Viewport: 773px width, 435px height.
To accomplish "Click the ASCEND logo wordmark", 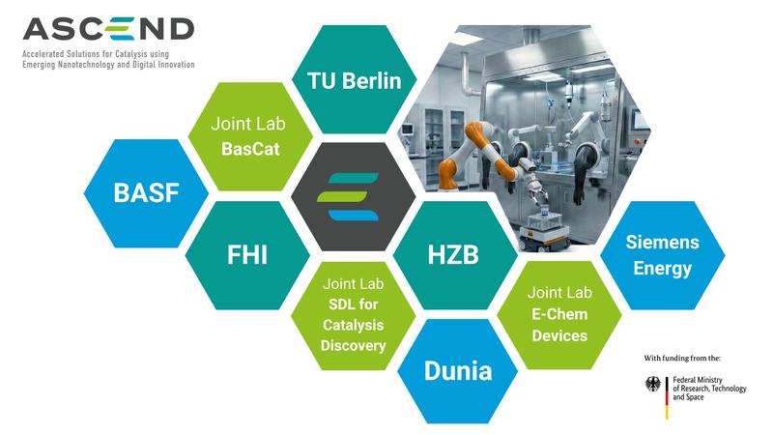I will [x=107, y=28].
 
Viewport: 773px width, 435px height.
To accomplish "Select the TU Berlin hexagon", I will [x=355, y=80].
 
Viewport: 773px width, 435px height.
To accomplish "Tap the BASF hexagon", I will [x=147, y=191].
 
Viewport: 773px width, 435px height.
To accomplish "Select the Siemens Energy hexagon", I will [x=663, y=255].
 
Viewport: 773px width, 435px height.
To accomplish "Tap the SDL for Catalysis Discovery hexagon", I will [x=353, y=315].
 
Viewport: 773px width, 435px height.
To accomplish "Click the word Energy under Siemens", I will [x=663, y=268].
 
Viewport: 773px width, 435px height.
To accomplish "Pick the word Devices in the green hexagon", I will [x=558, y=335].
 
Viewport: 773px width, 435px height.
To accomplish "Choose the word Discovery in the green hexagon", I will [x=353, y=346].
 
